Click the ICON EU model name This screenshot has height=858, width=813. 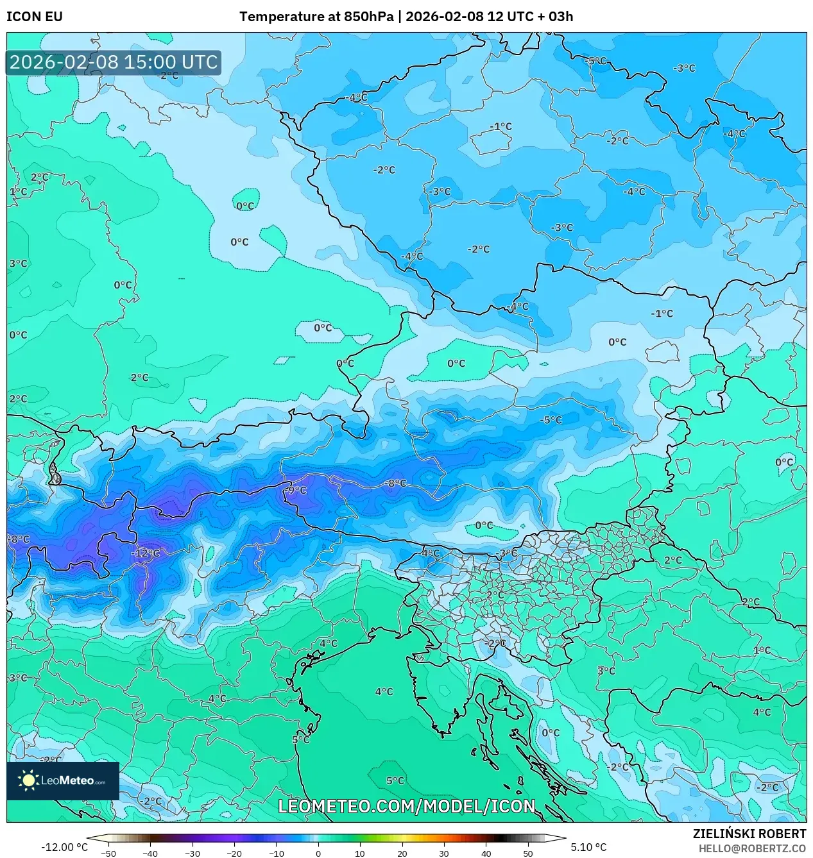35,17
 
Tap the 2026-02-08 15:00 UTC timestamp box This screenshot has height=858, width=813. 114,62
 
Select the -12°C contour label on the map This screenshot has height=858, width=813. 146,553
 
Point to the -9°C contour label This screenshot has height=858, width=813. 296,490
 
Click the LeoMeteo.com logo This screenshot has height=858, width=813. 63,780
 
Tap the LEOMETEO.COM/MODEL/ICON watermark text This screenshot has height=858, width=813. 406,806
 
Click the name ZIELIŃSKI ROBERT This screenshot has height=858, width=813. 749,834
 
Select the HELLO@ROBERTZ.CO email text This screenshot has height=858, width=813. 752,848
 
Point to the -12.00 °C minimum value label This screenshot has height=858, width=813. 64,847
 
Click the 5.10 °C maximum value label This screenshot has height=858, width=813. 588,847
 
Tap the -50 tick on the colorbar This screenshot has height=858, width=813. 108,853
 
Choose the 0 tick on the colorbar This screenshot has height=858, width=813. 318,853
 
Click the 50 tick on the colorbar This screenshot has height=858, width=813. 527,853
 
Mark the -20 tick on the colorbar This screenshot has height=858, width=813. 234,853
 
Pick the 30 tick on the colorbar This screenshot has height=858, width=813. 444,853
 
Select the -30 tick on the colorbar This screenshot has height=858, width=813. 193,853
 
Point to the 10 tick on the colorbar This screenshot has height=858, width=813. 360,853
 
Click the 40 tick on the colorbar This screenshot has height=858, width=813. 486,853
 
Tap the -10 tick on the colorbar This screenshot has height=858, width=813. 276,853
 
